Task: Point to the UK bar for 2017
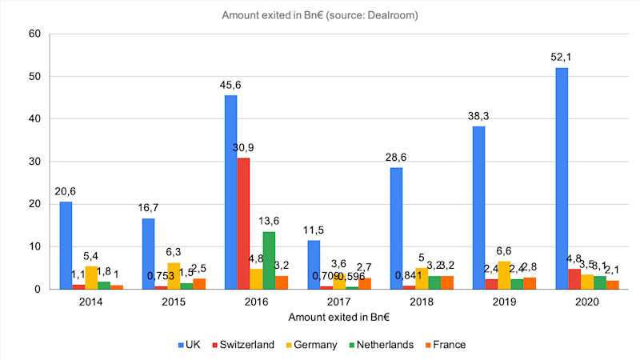click(x=313, y=264)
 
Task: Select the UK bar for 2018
click(x=396, y=228)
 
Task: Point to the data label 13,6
click(x=270, y=218)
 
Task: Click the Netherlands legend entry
click(x=385, y=345)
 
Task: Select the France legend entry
click(x=450, y=345)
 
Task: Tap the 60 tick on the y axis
click(x=34, y=34)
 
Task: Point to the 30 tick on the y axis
click(x=34, y=162)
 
